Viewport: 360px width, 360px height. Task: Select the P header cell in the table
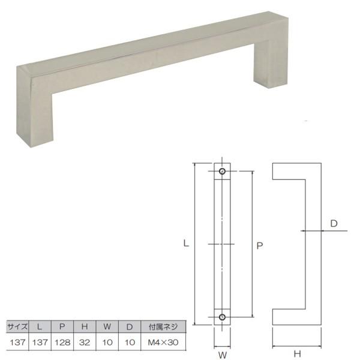point(62,327)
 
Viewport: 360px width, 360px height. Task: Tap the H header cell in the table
point(85,327)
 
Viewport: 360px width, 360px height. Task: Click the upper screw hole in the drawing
point(223,172)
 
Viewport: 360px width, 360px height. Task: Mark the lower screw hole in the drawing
point(223,316)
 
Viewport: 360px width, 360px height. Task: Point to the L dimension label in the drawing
point(187,244)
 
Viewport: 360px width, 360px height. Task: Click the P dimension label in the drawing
point(259,245)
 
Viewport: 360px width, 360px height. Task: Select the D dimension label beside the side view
point(334,223)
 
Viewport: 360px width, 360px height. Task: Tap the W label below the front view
point(223,355)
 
